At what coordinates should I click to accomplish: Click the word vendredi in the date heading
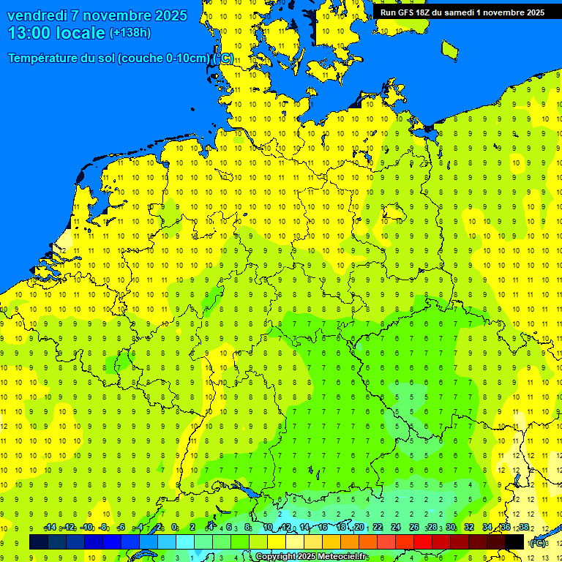click(x=38, y=15)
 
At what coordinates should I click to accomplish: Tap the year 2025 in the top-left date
click(x=168, y=15)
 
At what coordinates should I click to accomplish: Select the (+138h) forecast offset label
click(x=130, y=33)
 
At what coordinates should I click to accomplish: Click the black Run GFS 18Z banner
click(x=461, y=12)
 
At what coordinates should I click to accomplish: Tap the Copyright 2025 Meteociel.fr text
click(x=311, y=557)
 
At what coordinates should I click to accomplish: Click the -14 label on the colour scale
click(x=50, y=528)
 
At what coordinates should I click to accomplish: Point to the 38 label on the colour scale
click(x=523, y=528)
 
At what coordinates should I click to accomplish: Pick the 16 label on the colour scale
click(x=323, y=528)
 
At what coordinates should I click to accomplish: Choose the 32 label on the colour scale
click(x=469, y=528)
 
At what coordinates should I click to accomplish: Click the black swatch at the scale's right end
click(x=514, y=542)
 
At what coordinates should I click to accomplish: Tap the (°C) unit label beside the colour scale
click(x=539, y=542)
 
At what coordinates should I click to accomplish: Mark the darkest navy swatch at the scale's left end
click(x=39, y=542)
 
